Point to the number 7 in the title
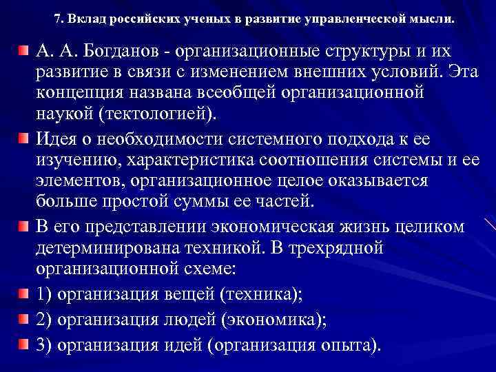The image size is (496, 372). point(56,18)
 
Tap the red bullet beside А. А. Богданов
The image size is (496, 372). point(24,50)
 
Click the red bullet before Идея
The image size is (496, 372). point(24,139)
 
